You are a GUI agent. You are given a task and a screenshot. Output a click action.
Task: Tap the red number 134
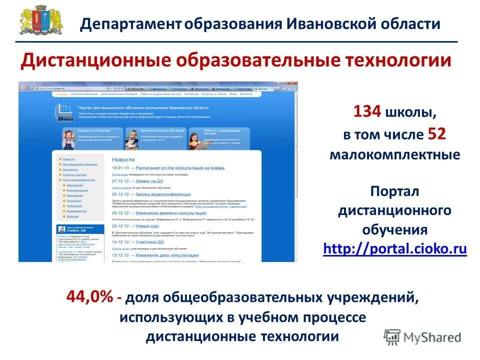click(367, 111)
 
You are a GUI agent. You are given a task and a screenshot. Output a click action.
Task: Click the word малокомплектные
click(394, 154)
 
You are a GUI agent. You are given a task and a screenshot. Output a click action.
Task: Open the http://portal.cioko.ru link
click(395, 248)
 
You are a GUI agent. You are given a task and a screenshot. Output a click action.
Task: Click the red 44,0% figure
click(90, 297)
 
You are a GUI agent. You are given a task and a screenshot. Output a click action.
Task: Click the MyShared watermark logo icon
click(392, 336)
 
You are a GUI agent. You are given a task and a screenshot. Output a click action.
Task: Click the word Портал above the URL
click(394, 191)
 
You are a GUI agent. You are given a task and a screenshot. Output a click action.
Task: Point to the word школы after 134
click(407, 112)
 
